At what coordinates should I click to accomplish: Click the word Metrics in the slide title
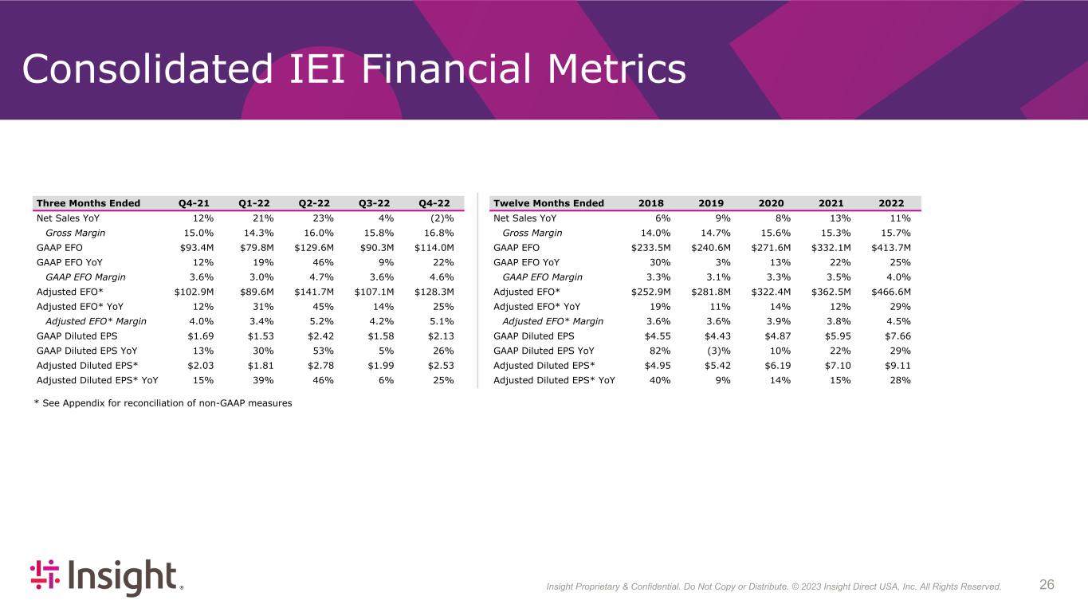click(616, 69)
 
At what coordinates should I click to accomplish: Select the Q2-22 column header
click(314, 203)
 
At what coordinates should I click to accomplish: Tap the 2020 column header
click(771, 203)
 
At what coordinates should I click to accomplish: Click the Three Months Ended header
click(88, 203)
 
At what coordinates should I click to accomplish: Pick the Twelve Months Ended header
click(548, 203)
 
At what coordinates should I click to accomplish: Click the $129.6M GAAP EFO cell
click(314, 248)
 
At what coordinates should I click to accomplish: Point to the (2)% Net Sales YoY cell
click(442, 218)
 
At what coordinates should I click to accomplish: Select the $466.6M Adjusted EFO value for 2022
click(891, 292)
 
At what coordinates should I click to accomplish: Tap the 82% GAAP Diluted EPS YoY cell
click(660, 351)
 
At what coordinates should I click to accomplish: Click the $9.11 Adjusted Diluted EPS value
click(898, 365)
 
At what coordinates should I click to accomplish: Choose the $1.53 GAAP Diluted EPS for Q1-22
click(261, 336)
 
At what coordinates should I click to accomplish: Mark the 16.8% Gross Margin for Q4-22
click(438, 233)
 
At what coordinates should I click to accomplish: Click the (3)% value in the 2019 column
click(718, 351)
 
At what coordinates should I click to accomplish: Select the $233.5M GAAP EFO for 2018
click(650, 248)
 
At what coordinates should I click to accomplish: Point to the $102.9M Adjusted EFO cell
click(194, 292)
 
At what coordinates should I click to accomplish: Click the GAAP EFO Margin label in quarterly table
click(85, 277)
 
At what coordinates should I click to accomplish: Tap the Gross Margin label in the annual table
click(532, 233)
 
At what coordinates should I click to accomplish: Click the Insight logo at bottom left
click(107, 577)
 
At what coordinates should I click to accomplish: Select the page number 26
click(1047, 584)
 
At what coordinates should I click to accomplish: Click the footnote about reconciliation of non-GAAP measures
click(163, 403)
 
